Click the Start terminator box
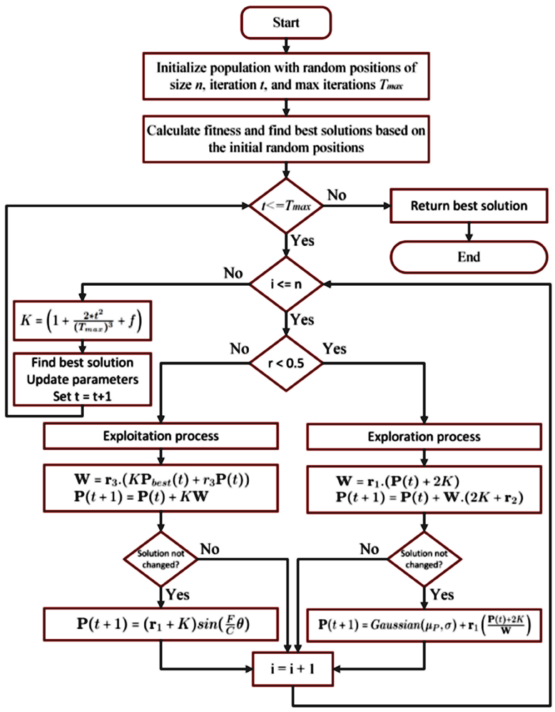pyautogui.click(x=286, y=23)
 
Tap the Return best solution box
pyautogui.click(x=468, y=206)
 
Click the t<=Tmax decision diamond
pyautogui.click(x=286, y=206)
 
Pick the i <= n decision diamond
pyautogui.click(x=286, y=284)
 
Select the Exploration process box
pyautogui.click(x=424, y=437)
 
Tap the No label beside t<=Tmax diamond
pyautogui.click(x=337, y=195)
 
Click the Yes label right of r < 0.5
pyautogui.click(x=334, y=349)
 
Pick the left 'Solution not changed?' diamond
pyautogui.click(x=161, y=559)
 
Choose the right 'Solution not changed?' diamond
pyautogui.click(x=424, y=559)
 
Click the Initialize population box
pyautogui.click(x=286, y=76)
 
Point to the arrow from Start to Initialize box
pyautogui.click(x=286, y=46)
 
